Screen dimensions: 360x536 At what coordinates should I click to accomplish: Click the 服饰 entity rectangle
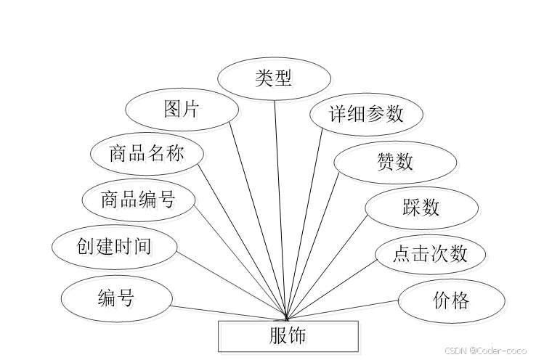(x=288, y=335)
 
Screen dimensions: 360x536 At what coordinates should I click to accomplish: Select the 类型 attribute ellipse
(x=274, y=78)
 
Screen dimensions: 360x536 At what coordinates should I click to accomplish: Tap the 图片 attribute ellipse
(x=182, y=110)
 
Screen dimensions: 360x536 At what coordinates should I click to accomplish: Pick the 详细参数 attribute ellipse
(x=365, y=114)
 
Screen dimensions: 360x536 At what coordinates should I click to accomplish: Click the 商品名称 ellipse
(x=147, y=154)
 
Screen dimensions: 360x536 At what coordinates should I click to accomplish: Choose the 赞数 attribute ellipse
(x=395, y=162)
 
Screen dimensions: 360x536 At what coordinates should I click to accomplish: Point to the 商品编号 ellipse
(x=138, y=198)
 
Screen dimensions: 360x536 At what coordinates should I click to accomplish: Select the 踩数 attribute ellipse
(x=421, y=208)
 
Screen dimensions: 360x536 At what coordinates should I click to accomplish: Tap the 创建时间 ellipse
(x=115, y=246)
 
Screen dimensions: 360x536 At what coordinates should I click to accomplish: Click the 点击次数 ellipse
(x=430, y=253)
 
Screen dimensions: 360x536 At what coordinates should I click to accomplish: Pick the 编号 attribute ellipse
(x=116, y=297)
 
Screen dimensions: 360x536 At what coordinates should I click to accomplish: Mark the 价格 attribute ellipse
(x=451, y=300)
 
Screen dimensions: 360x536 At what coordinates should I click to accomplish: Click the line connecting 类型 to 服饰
(x=280, y=210)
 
